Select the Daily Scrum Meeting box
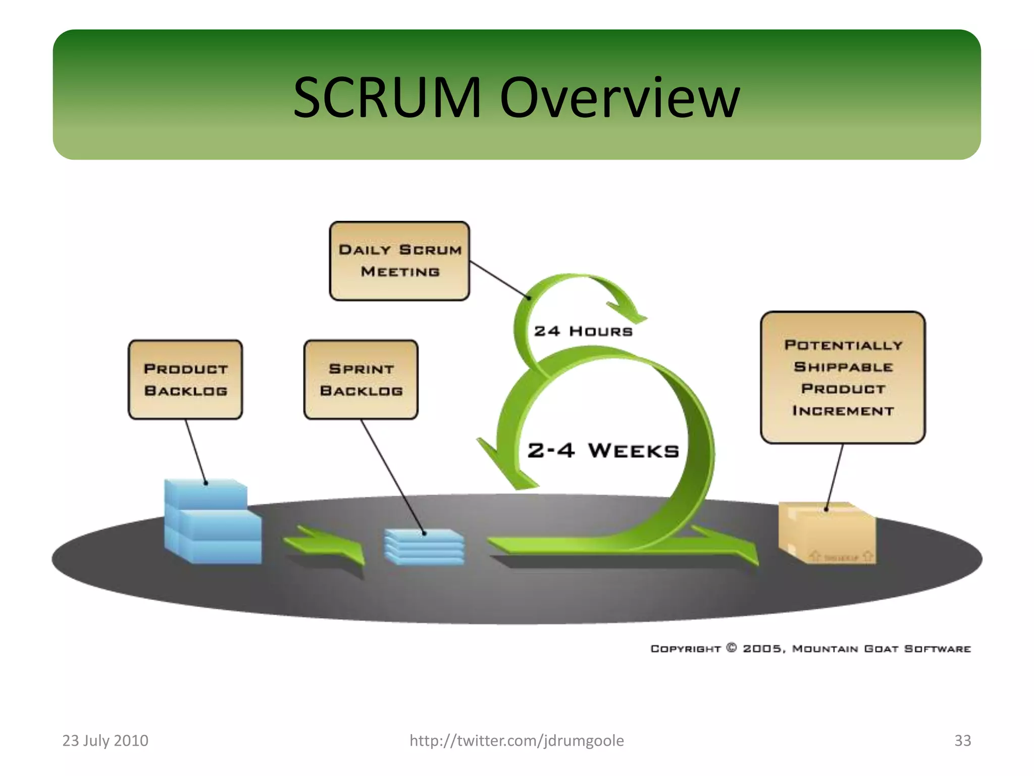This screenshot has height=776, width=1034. [399, 261]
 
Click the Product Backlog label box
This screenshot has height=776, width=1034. [185, 379]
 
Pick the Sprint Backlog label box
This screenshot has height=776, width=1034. [361, 379]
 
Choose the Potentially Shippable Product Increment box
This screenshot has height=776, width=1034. [843, 377]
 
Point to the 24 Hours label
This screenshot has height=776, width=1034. [583, 331]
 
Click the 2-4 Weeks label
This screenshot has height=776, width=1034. [603, 450]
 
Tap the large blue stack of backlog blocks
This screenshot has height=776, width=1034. [212, 523]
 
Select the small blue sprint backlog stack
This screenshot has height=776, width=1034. [424, 547]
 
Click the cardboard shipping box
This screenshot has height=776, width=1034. [828, 533]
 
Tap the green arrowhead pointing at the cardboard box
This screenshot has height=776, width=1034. [742, 551]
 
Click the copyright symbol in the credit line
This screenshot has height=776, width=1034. [731, 648]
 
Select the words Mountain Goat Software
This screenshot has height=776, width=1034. [881, 649]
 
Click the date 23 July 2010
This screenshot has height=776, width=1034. [105, 741]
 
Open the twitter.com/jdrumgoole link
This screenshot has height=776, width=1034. [516, 741]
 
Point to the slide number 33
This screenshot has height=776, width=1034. [962, 741]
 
